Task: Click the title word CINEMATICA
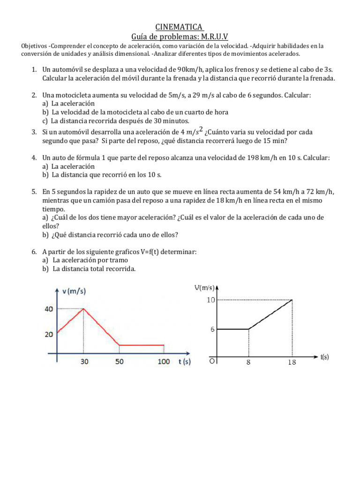coord(180,27)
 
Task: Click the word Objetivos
coord(34,46)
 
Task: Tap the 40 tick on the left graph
coord(49,308)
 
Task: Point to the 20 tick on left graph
coord(49,334)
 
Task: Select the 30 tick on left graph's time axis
coord(83,361)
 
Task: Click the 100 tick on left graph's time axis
coord(163,361)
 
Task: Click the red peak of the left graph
coord(83,308)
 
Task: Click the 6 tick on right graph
coord(212,329)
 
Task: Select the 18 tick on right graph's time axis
coord(292,362)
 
